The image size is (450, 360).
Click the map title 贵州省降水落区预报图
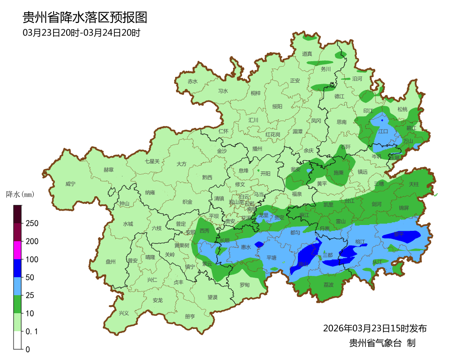point(85,18)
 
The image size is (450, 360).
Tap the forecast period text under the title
point(81,33)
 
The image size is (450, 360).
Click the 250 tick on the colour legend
point(31,224)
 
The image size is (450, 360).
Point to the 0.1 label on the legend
point(32,332)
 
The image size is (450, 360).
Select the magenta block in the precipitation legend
point(18,250)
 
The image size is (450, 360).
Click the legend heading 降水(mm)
point(20,195)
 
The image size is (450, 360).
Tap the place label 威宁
point(70,184)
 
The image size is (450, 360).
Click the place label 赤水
point(193,81)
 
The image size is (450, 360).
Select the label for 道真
point(307,54)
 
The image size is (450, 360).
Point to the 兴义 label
point(123,313)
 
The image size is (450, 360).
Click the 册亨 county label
point(190,316)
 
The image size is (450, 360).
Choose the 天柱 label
point(414,184)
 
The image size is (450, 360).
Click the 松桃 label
point(402,109)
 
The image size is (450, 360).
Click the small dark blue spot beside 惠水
point(259,244)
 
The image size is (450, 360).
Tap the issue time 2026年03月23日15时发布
point(374,328)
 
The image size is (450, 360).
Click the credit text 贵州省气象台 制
point(382,343)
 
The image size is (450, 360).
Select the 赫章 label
point(108,170)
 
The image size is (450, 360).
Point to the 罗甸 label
point(244,285)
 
